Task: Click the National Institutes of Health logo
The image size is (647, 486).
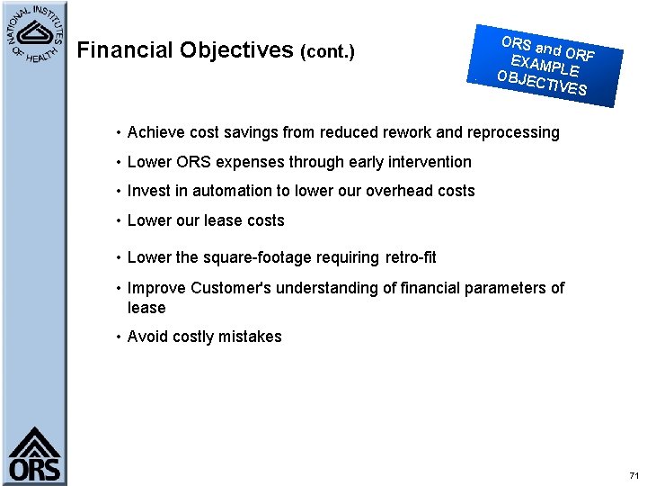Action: tap(33, 35)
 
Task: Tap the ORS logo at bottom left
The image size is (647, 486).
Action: tap(35, 455)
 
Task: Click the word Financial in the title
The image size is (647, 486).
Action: tap(125, 50)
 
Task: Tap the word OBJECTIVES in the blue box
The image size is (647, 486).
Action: tap(542, 82)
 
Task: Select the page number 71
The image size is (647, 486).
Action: tap(634, 474)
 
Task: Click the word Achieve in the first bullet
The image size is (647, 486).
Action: tap(155, 132)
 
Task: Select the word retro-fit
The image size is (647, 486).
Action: tap(411, 257)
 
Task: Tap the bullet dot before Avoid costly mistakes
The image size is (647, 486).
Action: tap(119, 337)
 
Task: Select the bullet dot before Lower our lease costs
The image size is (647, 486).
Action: tap(119, 220)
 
